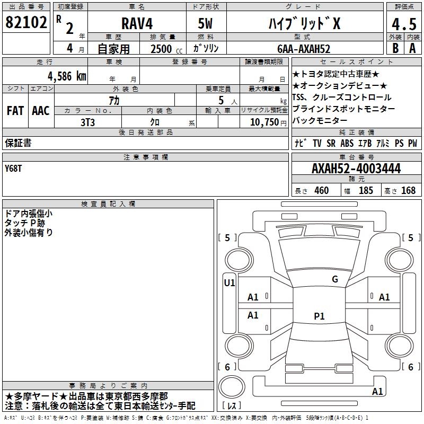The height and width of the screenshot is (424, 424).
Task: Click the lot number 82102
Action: pos(26,23)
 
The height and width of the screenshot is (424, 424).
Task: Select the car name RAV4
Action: pos(136,24)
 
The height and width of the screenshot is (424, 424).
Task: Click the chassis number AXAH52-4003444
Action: pos(356,169)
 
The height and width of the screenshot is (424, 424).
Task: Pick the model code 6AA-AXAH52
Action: pos(304,49)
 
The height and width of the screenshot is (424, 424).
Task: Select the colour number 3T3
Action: pos(87,121)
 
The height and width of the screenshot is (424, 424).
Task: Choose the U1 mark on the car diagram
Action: pos(229,283)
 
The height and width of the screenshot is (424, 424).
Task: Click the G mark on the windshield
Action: pos(334,279)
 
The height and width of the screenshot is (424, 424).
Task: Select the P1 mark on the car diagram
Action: pos(319,316)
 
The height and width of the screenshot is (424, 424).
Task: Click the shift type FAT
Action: pos(15,111)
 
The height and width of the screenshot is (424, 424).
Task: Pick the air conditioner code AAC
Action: pos(40,111)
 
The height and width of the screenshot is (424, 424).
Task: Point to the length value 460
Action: pos(321,190)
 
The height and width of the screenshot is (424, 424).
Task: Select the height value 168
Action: pos(408,190)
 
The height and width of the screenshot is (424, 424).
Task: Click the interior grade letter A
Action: pos(412,48)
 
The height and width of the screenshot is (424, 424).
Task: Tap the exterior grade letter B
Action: pos(395,48)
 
